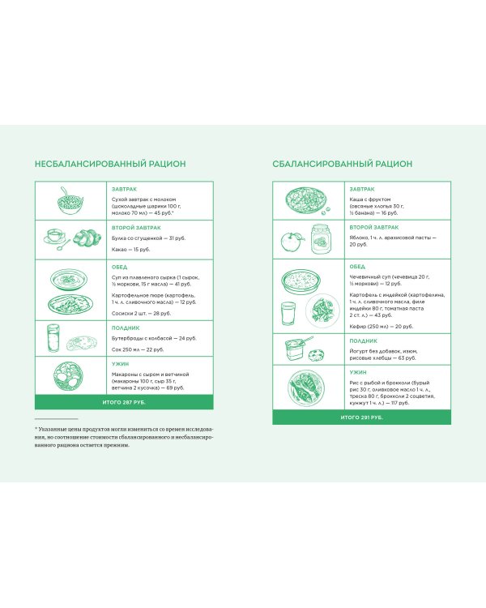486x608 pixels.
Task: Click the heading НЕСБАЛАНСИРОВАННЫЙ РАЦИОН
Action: [110, 164]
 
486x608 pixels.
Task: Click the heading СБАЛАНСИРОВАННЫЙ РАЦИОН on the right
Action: [343, 164]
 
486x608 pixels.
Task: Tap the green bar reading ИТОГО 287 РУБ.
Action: [124, 402]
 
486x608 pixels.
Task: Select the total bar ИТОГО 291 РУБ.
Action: [361, 417]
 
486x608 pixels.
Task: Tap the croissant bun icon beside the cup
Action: [83, 238]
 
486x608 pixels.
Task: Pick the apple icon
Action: [290, 241]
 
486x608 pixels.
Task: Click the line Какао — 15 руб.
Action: [131, 250]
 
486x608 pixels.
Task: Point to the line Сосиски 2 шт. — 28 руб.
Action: [141, 313]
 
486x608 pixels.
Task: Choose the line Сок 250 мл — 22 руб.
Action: [137, 349]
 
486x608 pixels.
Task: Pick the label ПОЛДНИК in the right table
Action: [361, 340]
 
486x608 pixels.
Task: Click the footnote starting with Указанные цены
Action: [124, 436]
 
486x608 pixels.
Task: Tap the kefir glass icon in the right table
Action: [288, 315]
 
